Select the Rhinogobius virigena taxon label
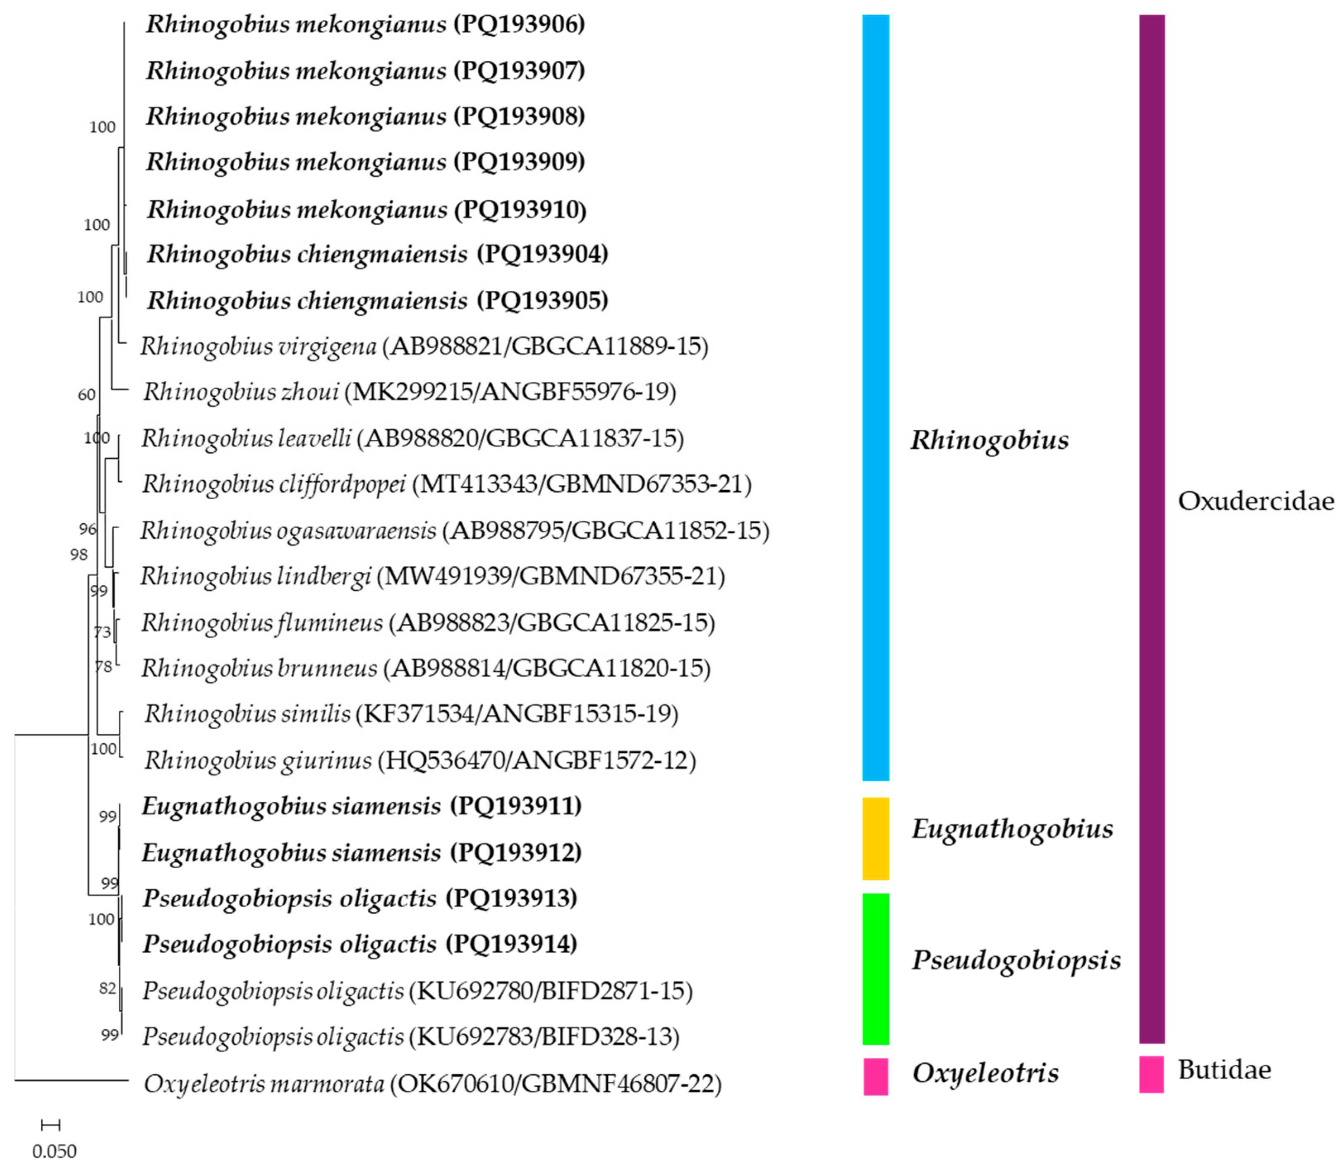coord(259,346)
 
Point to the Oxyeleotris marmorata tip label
coord(264,1083)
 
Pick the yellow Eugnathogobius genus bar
coord(875,838)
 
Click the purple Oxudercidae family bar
coord(1152,528)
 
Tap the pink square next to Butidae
coord(1152,1074)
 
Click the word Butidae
coord(1225,1070)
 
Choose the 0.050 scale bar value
coord(55,1151)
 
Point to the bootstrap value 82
coord(108,988)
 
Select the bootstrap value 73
coord(103,632)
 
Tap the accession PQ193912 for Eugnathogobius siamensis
coord(515,853)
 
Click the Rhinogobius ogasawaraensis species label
coord(288,530)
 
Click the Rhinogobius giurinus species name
coord(259,760)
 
